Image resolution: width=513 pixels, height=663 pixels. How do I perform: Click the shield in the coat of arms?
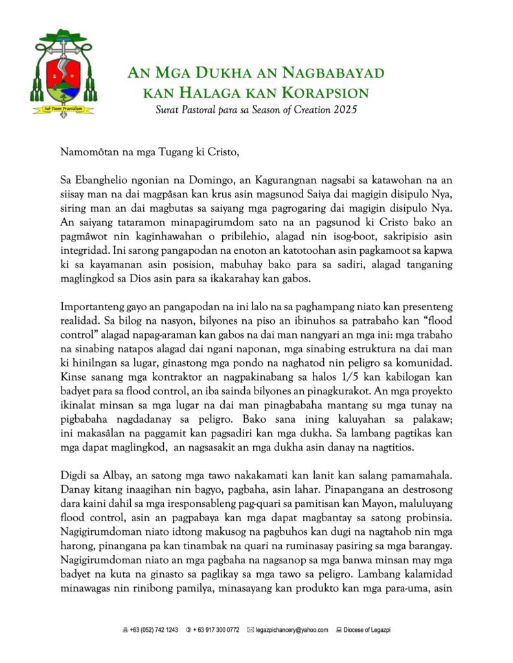63,75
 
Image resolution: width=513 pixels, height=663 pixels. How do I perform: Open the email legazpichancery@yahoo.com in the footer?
291,630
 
